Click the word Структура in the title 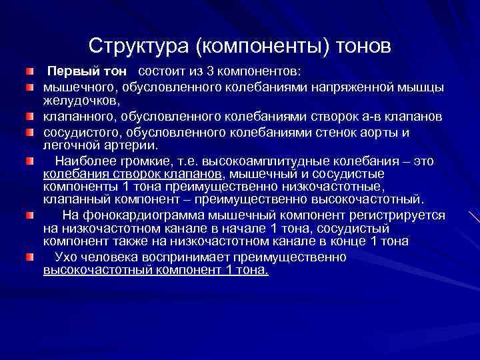point(139,46)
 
